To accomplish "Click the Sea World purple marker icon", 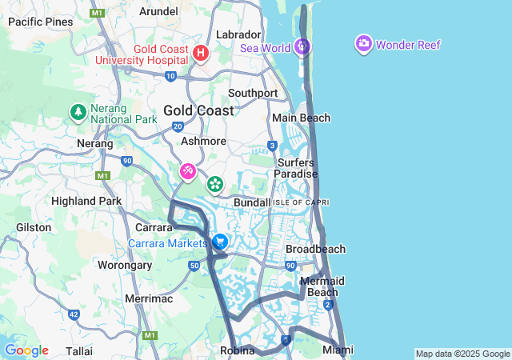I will click(302, 46).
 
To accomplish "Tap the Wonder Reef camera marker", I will click(364, 43).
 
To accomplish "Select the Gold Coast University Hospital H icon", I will click(201, 54).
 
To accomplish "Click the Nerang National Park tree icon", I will click(78, 112).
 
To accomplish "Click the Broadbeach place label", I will click(315, 249).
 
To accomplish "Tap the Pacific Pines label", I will click(40, 22).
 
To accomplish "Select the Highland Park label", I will click(86, 201).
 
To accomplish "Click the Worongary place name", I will click(124, 265).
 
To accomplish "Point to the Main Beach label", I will click(301, 118).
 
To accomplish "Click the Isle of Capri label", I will click(301, 202).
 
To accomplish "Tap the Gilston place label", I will click(34, 227).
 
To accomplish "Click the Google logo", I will click(26, 350).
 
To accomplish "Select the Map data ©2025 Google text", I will click(462, 354).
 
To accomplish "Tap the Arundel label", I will click(158, 11).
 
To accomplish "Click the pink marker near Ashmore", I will click(187, 171).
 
